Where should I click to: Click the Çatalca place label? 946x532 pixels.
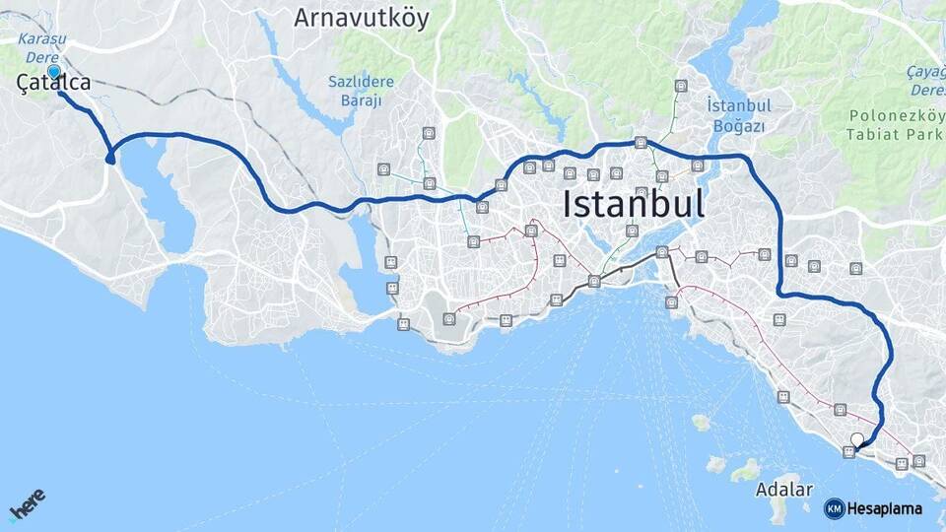[x=54, y=85]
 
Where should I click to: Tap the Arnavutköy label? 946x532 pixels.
[x=362, y=19]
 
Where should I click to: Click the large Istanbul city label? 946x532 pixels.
[x=634, y=205]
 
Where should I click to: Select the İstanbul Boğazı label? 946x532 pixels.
[x=737, y=115]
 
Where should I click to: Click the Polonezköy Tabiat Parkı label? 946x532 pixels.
[x=889, y=125]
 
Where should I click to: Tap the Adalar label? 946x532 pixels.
[x=784, y=490]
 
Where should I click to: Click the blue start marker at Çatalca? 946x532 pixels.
[x=53, y=71]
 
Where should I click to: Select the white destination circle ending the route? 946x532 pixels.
[x=857, y=440]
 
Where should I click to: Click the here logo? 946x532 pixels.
[x=28, y=507]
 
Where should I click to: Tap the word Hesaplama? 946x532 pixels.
[x=884, y=508]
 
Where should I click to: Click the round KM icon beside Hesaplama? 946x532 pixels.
[x=834, y=508]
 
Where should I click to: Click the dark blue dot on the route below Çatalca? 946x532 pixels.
[x=110, y=159]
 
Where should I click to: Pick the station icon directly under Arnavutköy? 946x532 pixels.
[x=429, y=133]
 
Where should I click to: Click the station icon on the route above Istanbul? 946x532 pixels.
[x=642, y=143]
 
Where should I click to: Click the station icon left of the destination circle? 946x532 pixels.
[x=848, y=451]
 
